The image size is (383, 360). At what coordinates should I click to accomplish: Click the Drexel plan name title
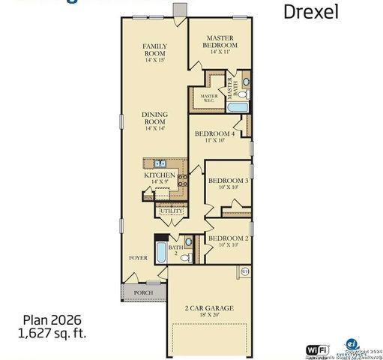point(310,11)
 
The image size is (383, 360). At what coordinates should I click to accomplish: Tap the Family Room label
point(154,51)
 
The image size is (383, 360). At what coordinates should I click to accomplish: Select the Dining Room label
point(155,121)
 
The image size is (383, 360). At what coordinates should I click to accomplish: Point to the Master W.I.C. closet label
point(208,97)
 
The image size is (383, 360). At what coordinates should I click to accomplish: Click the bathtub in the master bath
point(238,108)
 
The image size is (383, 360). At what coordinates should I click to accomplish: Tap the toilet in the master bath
point(247,81)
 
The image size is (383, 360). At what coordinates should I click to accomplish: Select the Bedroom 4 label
point(214,137)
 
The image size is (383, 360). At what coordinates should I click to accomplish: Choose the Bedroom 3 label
point(228,183)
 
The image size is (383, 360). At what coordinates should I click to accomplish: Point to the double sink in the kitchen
point(159,163)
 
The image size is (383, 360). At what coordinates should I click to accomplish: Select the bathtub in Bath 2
point(160,251)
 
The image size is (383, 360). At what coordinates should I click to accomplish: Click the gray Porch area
point(142,292)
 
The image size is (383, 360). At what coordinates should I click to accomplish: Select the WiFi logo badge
point(316,349)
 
